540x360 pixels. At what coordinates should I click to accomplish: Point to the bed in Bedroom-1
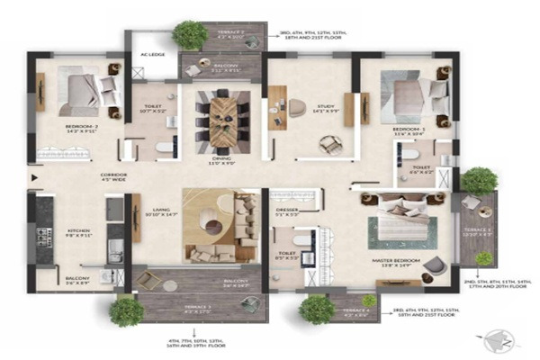(x=413, y=93)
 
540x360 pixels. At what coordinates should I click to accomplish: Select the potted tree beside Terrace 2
(x=190, y=35)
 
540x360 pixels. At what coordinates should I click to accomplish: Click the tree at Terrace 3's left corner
(x=126, y=310)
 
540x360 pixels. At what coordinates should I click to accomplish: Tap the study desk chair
(x=296, y=107)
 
